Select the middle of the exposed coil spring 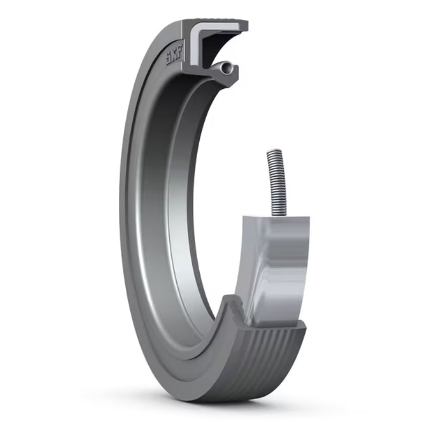274,182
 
